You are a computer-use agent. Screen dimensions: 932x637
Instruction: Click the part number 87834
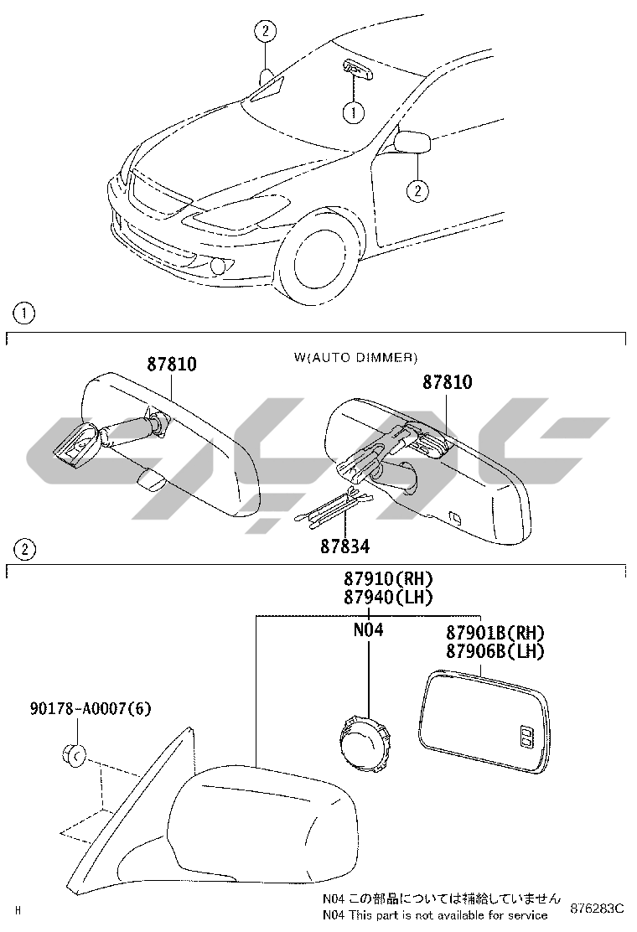pos(344,546)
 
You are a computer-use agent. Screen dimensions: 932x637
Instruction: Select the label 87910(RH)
pos(387,578)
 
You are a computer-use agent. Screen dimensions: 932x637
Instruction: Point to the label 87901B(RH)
pos(495,633)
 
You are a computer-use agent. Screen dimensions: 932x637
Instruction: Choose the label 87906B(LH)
pos(495,650)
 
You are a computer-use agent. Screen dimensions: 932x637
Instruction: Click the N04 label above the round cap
pos(368,629)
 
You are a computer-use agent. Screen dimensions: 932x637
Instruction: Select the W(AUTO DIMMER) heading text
pos(355,357)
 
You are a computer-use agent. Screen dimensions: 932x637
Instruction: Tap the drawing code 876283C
pos(597,909)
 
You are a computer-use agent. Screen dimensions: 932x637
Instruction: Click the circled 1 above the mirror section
pos(23,314)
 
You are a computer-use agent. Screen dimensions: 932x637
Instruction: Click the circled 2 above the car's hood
pos(265,33)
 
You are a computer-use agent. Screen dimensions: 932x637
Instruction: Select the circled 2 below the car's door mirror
pos(417,190)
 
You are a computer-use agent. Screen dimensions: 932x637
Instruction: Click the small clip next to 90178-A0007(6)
pos(72,755)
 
